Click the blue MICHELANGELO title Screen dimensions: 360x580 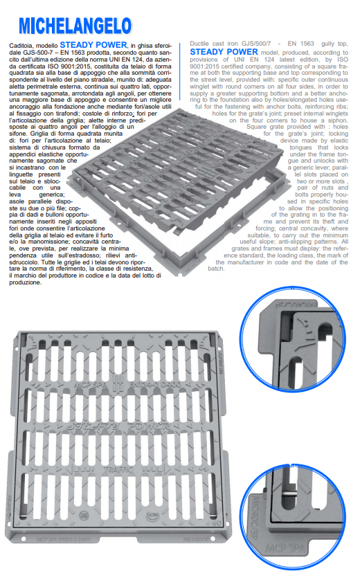point(75,26)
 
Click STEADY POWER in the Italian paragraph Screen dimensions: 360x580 point(93,45)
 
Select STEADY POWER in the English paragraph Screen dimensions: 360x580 point(224,52)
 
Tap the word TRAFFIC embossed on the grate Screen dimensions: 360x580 point(118,469)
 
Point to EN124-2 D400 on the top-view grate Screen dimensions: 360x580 point(155,384)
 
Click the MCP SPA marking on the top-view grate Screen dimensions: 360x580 point(90,385)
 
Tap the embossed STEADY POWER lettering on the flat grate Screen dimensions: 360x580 point(118,426)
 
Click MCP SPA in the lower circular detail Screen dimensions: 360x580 point(285,548)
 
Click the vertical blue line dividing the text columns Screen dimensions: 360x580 point(180,71)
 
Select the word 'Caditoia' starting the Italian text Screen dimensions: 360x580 point(21,46)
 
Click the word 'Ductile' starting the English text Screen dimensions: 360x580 point(200,44)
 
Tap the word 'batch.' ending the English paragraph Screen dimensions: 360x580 point(217,269)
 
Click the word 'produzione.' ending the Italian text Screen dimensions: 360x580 point(25,282)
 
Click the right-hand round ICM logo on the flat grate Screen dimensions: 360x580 point(152,515)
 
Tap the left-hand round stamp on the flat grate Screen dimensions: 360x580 point(84,515)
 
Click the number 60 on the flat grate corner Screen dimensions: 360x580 point(217,523)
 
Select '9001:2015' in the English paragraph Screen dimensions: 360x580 point(204,66)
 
